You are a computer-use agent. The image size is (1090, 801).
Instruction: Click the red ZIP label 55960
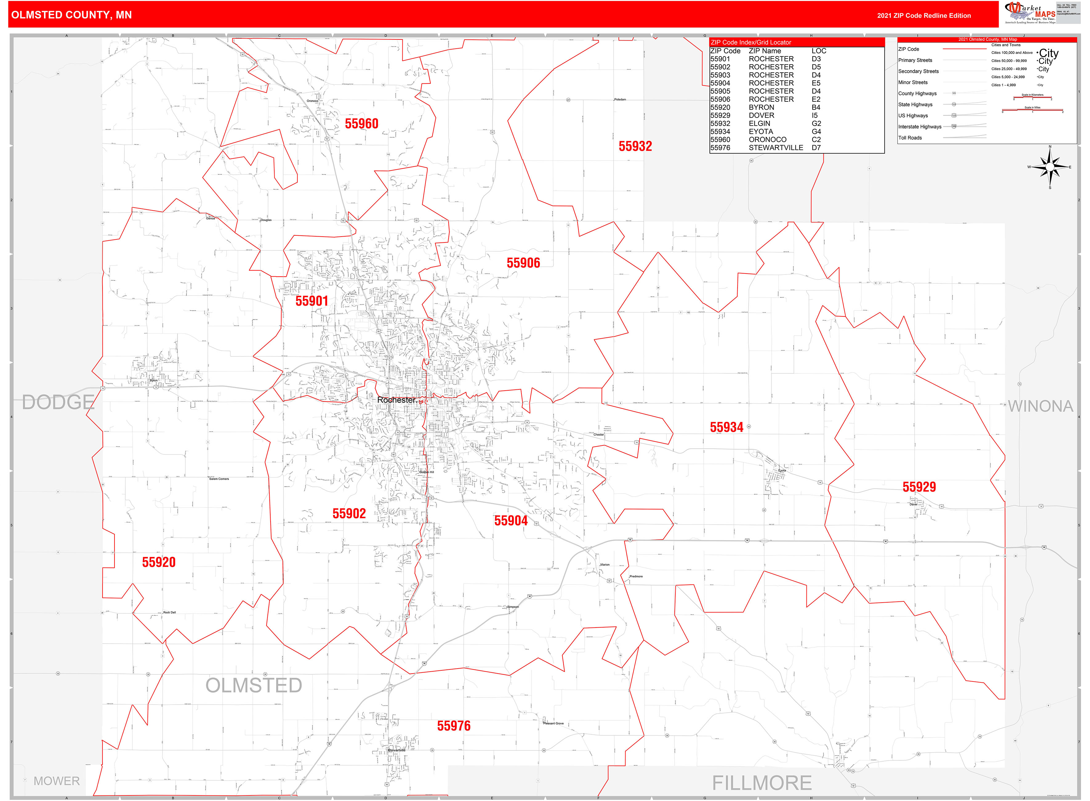[x=361, y=124]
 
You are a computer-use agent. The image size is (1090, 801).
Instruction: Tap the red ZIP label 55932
[x=635, y=146]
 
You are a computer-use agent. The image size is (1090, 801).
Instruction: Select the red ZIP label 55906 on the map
[x=523, y=263]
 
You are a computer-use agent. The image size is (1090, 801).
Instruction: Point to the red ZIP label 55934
[x=726, y=427]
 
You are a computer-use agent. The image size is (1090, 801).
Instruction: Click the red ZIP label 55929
[x=919, y=487]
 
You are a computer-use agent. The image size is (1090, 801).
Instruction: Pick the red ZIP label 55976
[x=453, y=726]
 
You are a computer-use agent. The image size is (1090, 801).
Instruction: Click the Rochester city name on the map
[x=396, y=400]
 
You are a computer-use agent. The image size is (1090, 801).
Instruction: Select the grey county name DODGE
[x=58, y=402]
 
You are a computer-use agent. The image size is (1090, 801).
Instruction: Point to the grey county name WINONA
[x=1040, y=406]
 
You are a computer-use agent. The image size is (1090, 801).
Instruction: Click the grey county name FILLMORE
[x=762, y=783]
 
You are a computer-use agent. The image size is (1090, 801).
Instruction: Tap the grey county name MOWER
[x=57, y=781]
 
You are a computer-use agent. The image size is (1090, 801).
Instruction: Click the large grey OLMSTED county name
[x=254, y=685]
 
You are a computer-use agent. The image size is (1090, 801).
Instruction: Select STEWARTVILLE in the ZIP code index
[x=776, y=148]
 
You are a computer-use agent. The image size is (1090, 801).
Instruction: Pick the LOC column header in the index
[x=819, y=51]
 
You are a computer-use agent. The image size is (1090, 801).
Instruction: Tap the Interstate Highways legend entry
[x=919, y=127]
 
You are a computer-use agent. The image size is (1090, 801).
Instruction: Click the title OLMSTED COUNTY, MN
[x=71, y=15]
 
